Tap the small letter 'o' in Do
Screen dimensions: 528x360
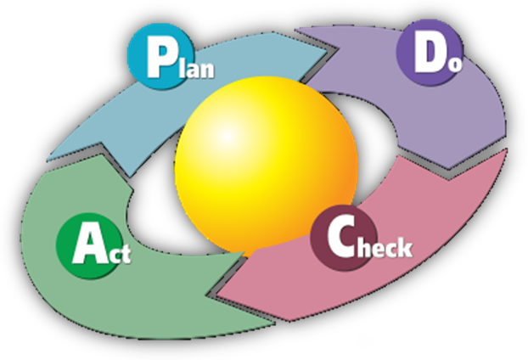[x=455, y=63]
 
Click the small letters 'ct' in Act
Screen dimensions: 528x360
[x=119, y=253]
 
